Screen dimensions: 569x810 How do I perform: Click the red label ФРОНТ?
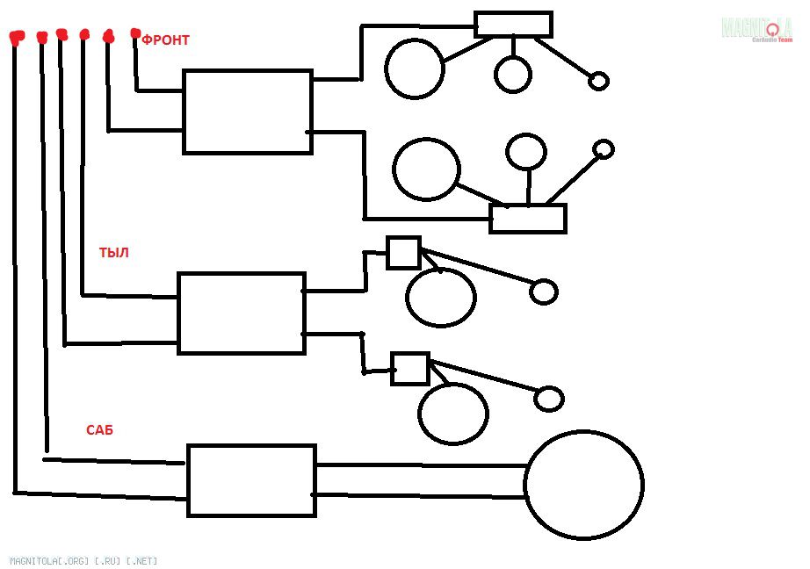[166, 40]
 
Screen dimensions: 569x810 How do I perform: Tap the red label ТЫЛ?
[114, 253]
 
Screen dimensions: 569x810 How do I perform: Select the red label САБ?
[99, 430]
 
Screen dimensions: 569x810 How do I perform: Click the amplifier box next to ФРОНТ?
[248, 112]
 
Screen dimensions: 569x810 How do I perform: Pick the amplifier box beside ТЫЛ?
[242, 313]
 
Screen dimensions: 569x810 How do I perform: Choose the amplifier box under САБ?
[251, 480]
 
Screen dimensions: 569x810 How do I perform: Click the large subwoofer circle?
[584, 485]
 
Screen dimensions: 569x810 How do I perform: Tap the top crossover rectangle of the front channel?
[513, 25]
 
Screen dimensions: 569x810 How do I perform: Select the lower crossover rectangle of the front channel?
[528, 218]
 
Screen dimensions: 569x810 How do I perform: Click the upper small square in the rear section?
[404, 253]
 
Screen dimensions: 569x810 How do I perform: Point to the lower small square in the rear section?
[410, 369]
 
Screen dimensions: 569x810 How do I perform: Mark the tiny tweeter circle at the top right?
[598, 81]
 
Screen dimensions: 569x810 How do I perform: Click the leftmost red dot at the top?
[16, 38]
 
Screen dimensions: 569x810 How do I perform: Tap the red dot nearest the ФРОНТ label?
[135, 33]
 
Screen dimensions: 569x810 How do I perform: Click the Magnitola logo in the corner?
[758, 30]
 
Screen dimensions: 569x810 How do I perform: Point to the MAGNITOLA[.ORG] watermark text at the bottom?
[83, 560]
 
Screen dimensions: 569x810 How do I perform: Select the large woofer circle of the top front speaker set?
[415, 68]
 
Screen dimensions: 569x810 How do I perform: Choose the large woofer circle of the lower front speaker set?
[426, 169]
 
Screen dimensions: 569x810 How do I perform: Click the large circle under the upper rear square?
[441, 297]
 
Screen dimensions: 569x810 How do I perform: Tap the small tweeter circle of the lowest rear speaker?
[549, 399]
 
